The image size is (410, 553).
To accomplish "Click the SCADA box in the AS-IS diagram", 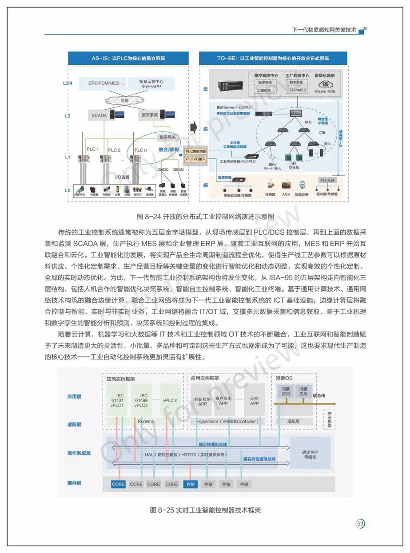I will tap(100, 115).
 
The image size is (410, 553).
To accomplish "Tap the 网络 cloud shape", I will tap(123, 101).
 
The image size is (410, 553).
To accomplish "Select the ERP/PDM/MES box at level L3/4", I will tap(107, 83).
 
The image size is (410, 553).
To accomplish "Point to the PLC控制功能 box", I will tap(196, 152).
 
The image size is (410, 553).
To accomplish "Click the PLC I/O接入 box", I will tap(196, 158).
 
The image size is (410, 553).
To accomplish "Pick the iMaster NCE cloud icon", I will tap(325, 84).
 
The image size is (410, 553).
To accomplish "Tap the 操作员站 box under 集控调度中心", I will tap(266, 83).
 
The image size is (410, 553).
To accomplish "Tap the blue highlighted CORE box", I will tap(118, 484).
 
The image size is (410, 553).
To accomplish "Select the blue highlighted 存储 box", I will tap(190, 484).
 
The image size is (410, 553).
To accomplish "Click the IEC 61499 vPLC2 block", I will tap(144, 399).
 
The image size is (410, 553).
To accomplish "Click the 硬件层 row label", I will tap(74, 483).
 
